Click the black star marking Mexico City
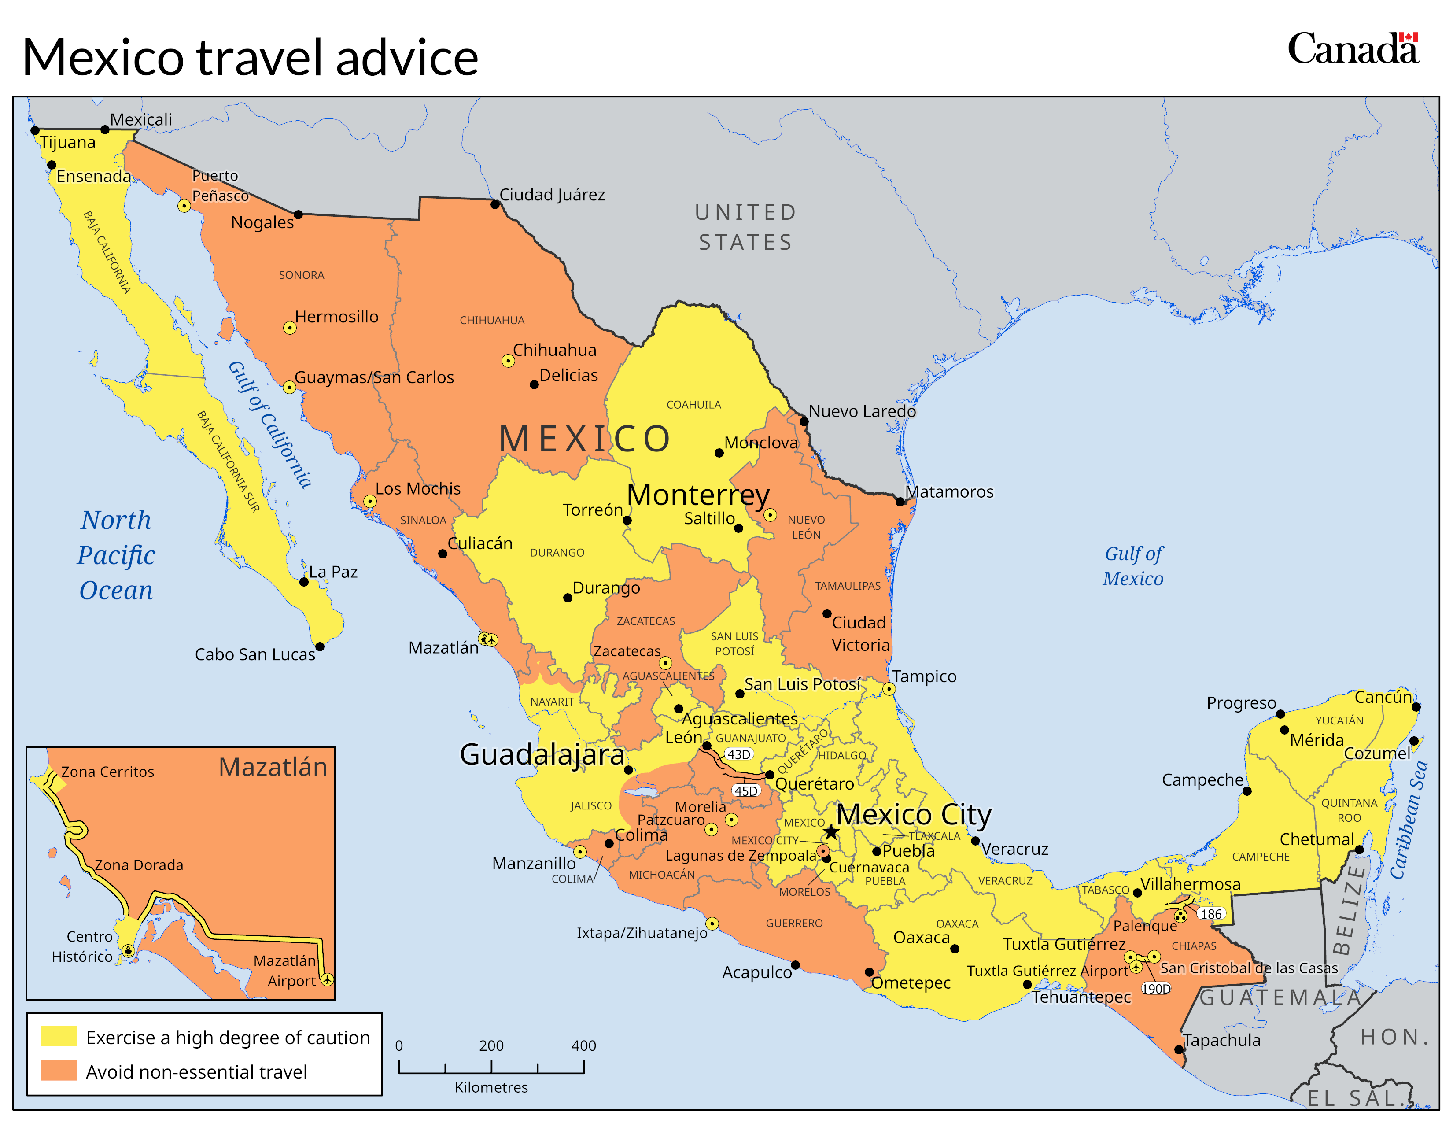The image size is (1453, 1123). (831, 831)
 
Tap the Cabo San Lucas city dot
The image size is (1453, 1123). (319, 646)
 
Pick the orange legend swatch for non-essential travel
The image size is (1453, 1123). (59, 1071)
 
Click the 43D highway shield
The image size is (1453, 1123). (738, 754)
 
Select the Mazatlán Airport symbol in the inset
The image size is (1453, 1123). (327, 979)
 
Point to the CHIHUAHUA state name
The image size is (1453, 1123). (492, 320)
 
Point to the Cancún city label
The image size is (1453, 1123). (1383, 697)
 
